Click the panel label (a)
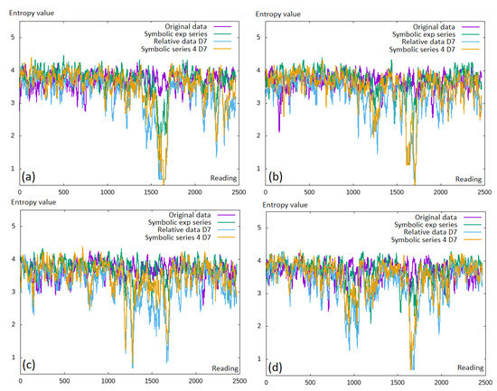pos(28,177)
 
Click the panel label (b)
pos(275,177)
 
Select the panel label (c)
pos(29,365)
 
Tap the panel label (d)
pos(275,368)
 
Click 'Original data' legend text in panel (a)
pos(186,26)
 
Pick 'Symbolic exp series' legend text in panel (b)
pos(424,34)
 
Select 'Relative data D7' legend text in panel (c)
pos(183,229)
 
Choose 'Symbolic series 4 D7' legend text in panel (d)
pos(424,240)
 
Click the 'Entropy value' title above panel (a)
pos(32,13)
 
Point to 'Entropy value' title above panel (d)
pos(285,205)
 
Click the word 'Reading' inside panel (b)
pos(468,179)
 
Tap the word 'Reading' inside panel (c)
pos(225,368)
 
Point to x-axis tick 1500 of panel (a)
pos(151,192)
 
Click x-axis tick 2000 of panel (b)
pos(441,192)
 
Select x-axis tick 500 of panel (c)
pos(64,381)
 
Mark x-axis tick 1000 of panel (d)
pos(353,383)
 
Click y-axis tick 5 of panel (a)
pos(13,37)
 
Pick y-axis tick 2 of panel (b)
pos(258,135)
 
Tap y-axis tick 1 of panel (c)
pos(14,357)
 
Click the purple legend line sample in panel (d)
pos(473,218)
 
